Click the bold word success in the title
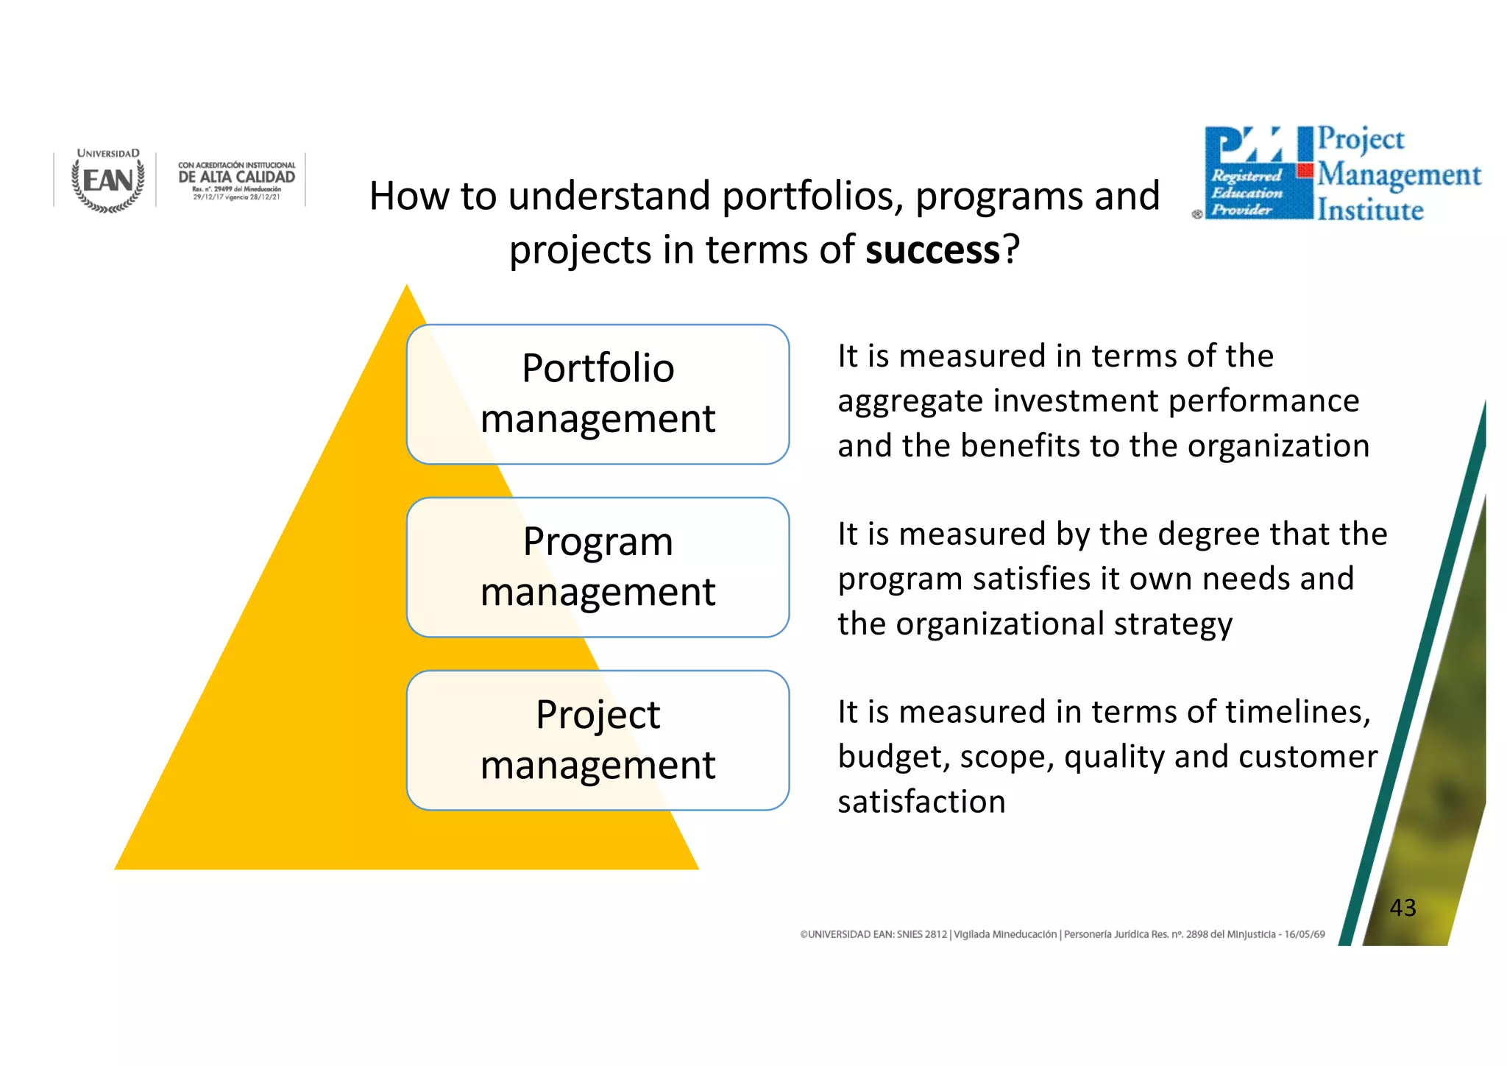click(x=932, y=250)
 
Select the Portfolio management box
click(x=598, y=394)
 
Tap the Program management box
click(x=598, y=567)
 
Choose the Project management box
click(x=598, y=740)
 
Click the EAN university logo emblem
click(x=108, y=181)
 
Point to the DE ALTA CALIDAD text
click(x=236, y=177)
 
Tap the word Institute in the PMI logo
click(x=1370, y=211)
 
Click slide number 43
click(x=1403, y=908)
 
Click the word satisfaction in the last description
click(x=921, y=802)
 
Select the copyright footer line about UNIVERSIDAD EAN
click(x=1062, y=934)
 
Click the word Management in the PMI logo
click(x=1399, y=175)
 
